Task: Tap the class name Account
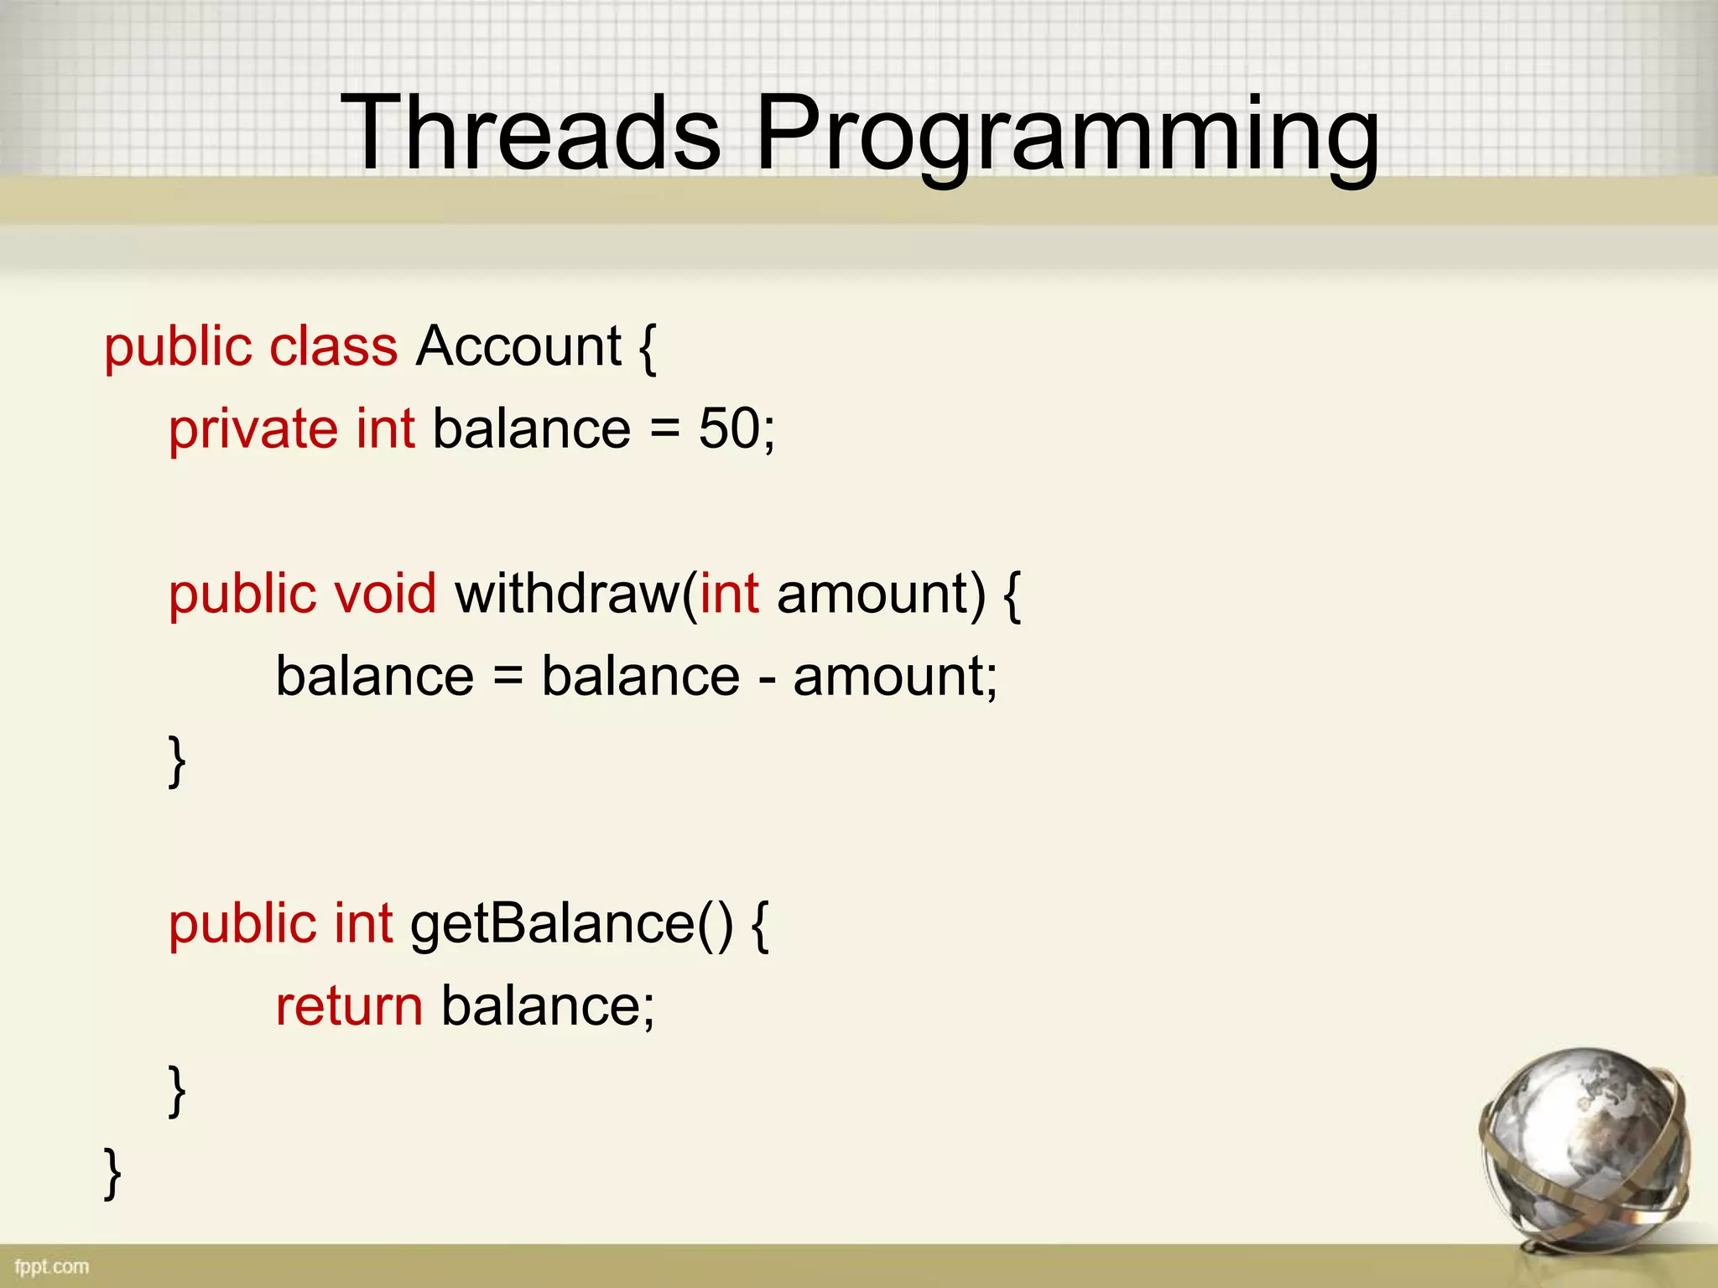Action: [x=518, y=346]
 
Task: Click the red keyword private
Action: [x=252, y=430]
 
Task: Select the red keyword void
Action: [x=385, y=594]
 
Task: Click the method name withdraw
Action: [x=568, y=594]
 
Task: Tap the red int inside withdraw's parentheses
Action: [x=730, y=594]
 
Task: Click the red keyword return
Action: [x=349, y=1006]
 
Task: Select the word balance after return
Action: [x=541, y=1006]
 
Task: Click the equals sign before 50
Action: [x=664, y=430]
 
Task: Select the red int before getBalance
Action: [x=363, y=924]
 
